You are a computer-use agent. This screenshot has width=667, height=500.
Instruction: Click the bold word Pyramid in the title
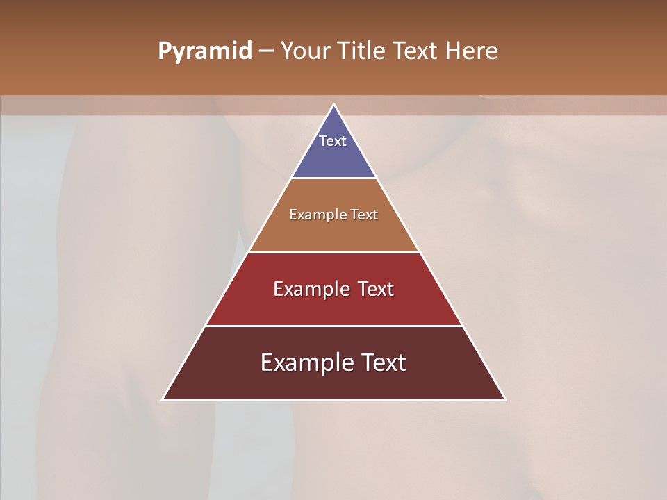(x=204, y=51)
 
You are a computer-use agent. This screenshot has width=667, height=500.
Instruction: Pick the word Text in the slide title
(x=416, y=51)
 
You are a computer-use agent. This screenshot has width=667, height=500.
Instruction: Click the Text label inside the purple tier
(x=333, y=141)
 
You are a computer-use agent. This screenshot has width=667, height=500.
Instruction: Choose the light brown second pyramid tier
(x=333, y=233)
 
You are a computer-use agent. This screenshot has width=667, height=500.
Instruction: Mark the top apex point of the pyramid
(x=333, y=105)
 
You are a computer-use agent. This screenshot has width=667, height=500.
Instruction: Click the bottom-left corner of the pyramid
(x=163, y=399)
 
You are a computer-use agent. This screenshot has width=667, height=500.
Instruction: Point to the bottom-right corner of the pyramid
(x=504, y=399)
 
